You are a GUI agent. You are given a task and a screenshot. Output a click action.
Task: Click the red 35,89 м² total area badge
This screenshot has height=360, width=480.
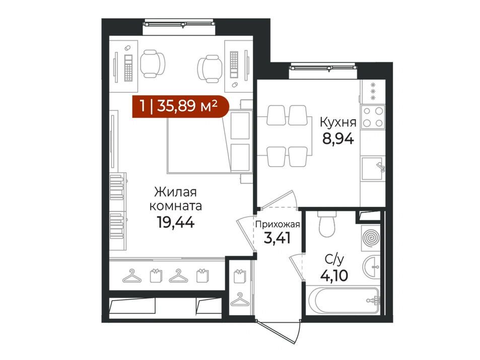181,107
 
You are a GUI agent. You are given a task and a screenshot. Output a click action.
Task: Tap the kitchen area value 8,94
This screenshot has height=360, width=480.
338,139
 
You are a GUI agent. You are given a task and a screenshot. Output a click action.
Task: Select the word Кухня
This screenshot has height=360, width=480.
338,122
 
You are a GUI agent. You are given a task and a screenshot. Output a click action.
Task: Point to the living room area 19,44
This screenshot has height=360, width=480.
175,222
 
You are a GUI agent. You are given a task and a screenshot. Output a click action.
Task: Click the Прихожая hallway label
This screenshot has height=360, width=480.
278,225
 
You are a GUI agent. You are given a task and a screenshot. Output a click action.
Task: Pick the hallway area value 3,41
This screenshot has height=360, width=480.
277,238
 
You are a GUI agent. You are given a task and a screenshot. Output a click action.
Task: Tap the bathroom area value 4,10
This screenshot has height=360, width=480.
334,275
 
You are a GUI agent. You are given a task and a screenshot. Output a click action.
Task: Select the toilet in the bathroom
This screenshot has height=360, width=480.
327,224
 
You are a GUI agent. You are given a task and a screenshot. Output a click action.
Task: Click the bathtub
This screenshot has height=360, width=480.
344,300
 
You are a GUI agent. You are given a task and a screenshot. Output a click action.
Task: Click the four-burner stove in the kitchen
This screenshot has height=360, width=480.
373,117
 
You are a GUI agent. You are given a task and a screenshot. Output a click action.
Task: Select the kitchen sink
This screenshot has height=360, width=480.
373,168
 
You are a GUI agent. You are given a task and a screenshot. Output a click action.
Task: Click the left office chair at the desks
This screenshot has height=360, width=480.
153,63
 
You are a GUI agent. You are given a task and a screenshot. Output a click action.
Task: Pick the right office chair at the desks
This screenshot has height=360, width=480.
210,68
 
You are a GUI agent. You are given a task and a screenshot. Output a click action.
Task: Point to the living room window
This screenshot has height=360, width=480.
179,24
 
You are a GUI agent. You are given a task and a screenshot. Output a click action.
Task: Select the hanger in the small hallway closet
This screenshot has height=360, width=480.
240,300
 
